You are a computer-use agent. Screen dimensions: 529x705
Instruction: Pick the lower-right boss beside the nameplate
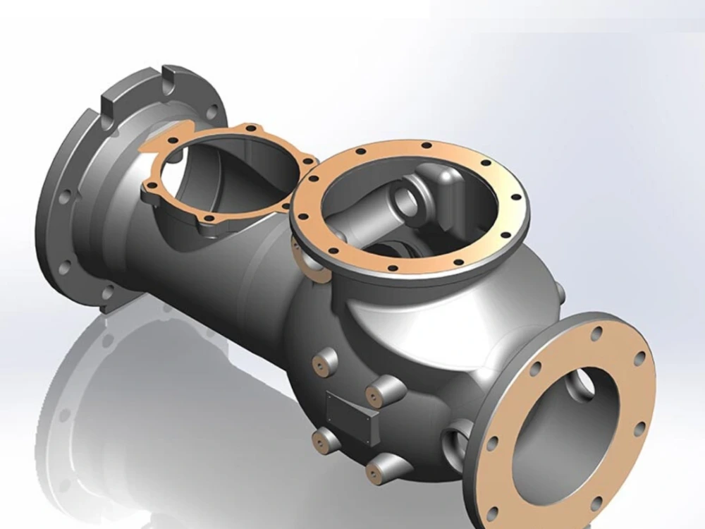tap(384, 468)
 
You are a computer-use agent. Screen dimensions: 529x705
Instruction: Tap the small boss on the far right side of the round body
tap(559, 291)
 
